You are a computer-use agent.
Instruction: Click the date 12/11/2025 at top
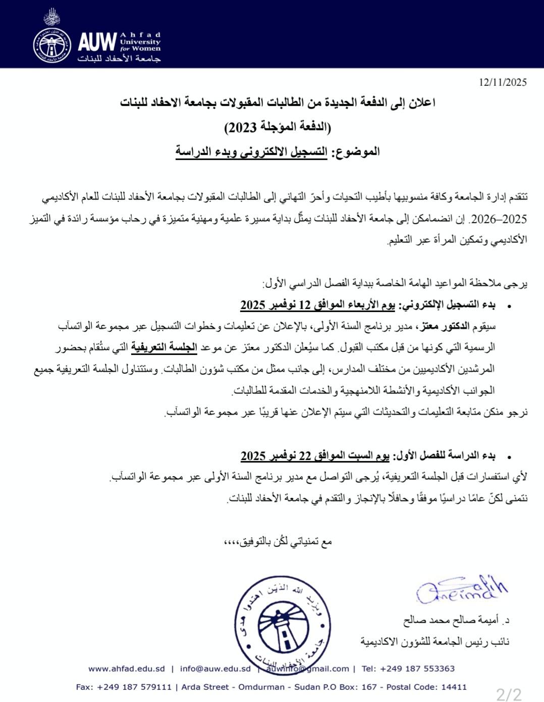[503, 82]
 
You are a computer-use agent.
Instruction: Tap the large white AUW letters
[97, 42]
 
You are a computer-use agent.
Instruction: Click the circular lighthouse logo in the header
[52, 45]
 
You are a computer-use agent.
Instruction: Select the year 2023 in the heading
[241, 127]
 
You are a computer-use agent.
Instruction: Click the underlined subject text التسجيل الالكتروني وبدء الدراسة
[251, 152]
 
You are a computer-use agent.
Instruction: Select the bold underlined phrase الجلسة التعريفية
[164, 347]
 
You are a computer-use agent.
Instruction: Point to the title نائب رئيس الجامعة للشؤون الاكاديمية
[434, 642]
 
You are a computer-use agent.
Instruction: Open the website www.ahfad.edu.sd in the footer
[127, 669]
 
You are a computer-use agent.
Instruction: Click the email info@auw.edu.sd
[215, 669]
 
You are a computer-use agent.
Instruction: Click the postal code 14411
[453, 687]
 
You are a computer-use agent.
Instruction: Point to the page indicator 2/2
[508, 694]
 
